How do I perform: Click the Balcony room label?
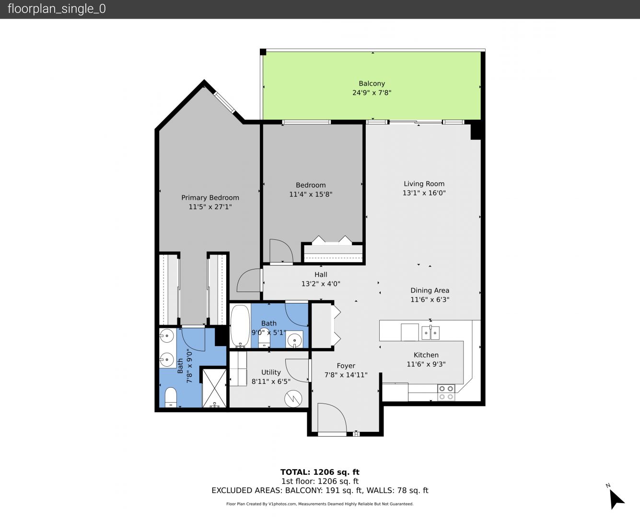pyautogui.click(x=372, y=83)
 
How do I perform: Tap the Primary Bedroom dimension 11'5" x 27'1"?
pyautogui.click(x=210, y=207)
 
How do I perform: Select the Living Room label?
pyautogui.click(x=424, y=184)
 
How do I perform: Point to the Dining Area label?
pyautogui.click(x=430, y=290)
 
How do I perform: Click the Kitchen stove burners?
pyautogui.click(x=446, y=393)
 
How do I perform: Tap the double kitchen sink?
pyautogui.click(x=431, y=333)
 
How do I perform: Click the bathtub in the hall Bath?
pyautogui.click(x=240, y=326)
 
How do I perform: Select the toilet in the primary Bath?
pyautogui.click(x=171, y=397)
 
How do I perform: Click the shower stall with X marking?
pyautogui.click(x=214, y=388)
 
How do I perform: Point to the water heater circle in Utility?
pyautogui.click(x=293, y=399)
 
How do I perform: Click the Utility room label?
pyautogui.click(x=271, y=372)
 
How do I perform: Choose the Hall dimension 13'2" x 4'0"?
pyautogui.click(x=321, y=283)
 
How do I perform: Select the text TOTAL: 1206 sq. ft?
pyautogui.click(x=320, y=472)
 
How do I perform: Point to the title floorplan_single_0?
pyautogui.click(x=57, y=9)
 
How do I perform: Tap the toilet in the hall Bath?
pyautogui.click(x=264, y=340)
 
